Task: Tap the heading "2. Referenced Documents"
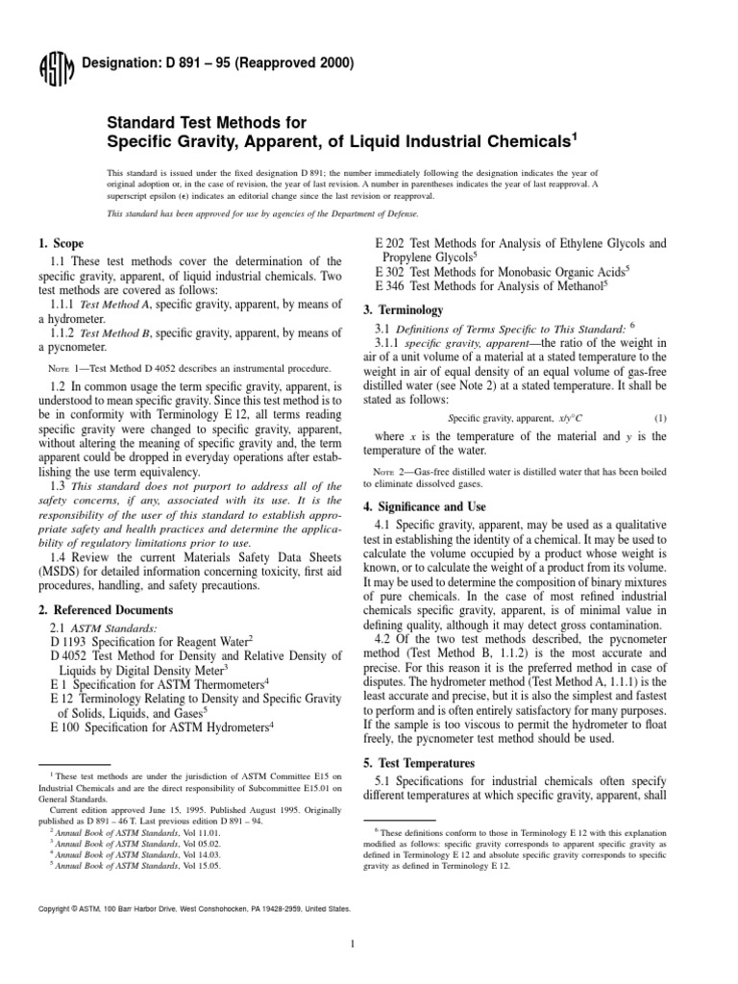(x=105, y=609)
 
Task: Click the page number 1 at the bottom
(x=355, y=944)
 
